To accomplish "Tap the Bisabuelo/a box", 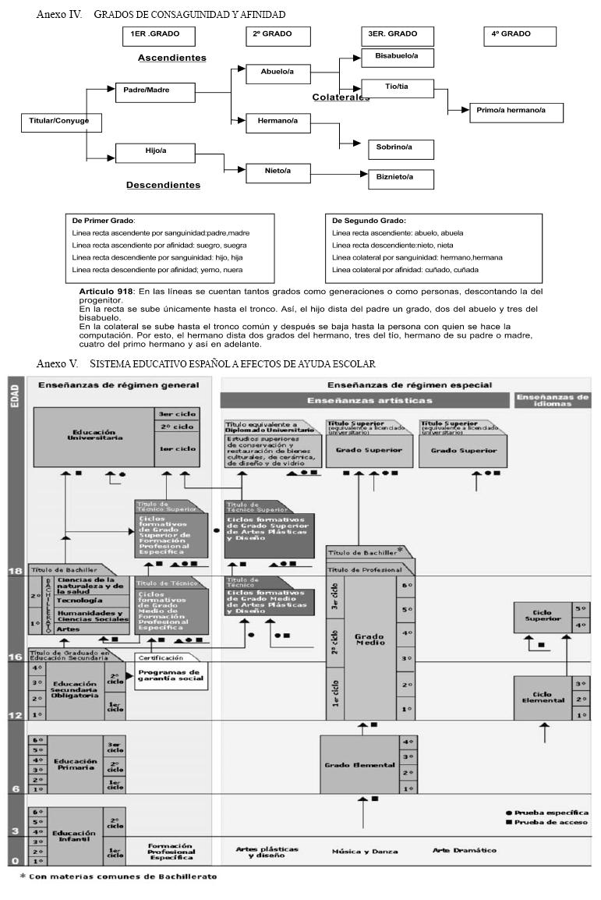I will [x=398, y=56].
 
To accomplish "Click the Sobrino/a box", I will [x=401, y=147].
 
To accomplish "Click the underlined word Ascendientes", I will [x=171, y=58].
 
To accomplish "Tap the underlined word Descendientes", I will [x=163, y=185].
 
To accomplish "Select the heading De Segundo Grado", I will [x=369, y=221].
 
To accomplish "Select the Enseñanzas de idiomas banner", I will [x=552, y=399].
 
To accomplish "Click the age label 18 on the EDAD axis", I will [x=15, y=571].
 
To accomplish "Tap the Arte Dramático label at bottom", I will [x=465, y=850].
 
